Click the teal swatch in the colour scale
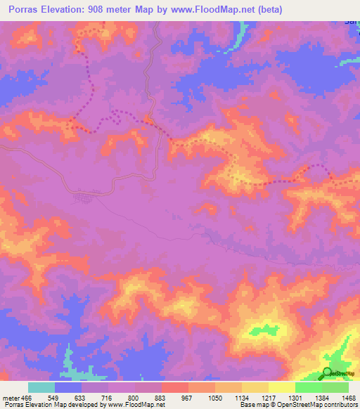[41, 387]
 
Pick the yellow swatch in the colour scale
[281, 387]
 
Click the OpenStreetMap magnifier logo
[328, 373]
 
